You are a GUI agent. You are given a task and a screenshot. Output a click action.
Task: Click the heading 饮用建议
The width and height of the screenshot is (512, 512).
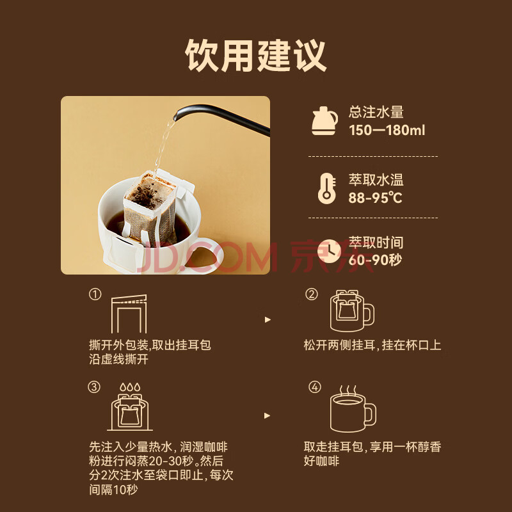click(x=255, y=56)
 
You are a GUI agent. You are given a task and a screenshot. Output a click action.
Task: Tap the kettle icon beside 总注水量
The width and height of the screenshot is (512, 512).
click(x=324, y=121)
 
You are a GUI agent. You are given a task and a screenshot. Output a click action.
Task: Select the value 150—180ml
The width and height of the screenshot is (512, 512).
click(x=387, y=131)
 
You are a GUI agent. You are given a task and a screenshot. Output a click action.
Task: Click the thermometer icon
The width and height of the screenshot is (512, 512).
click(x=327, y=189)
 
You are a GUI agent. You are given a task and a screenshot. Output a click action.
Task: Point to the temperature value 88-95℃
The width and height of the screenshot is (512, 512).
click(x=376, y=198)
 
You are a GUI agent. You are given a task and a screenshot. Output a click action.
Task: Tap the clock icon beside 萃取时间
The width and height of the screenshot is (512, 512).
click(x=329, y=251)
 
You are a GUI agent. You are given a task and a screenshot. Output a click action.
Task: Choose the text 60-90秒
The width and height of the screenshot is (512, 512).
click(x=375, y=260)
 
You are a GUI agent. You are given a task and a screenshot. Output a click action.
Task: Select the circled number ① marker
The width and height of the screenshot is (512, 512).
click(x=95, y=294)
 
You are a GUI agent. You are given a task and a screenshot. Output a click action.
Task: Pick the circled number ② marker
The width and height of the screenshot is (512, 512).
click(x=312, y=294)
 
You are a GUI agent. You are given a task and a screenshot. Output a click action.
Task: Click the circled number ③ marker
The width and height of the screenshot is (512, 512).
click(x=94, y=387)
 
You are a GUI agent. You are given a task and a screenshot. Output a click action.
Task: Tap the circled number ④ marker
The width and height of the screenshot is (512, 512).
click(x=315, y=387)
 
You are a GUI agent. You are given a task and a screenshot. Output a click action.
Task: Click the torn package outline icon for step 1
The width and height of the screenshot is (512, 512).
click(x=129, y=314)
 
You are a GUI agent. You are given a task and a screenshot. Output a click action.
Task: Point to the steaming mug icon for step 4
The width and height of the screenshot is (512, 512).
click(x=353, y=409)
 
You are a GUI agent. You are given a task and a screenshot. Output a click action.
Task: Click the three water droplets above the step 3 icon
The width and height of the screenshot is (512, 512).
click(x=130, y=387)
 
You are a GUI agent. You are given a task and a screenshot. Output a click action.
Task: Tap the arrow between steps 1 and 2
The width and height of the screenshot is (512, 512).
click(x=268, y=319)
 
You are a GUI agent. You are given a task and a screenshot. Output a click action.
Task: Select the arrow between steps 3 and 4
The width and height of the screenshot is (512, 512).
click(x=268, y=415)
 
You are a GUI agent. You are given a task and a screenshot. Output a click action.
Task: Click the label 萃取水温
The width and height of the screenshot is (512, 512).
click(x=376, y=180)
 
